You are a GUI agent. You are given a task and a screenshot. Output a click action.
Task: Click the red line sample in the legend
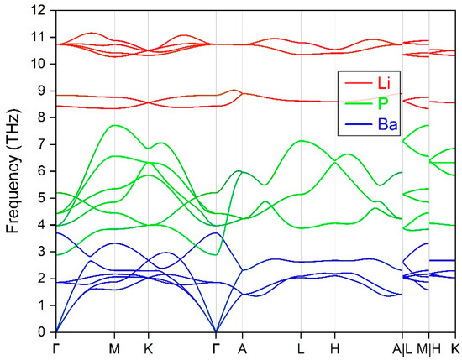coord(355,81)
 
